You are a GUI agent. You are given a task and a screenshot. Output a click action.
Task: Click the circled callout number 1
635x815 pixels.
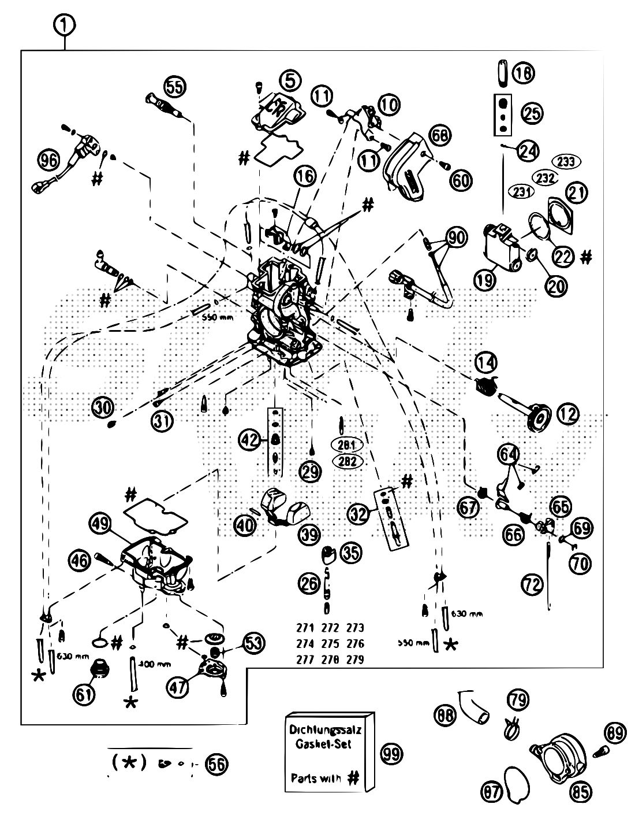[x=66, y=25]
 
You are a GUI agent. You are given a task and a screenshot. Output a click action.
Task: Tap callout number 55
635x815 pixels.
[x=173, y=87]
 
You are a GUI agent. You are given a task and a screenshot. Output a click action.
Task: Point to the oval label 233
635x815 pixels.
[x=566, y=162]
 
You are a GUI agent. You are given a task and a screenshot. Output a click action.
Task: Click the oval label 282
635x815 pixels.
[x=347, y=461]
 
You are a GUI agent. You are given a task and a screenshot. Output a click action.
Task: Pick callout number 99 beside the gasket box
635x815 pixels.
[x=392, y=753]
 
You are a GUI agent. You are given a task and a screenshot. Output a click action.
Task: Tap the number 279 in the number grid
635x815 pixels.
[x=356, y=660]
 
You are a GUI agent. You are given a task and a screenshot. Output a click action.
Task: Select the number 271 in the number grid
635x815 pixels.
[x=304, y=628]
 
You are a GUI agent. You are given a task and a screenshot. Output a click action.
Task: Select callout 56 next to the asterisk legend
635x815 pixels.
[x=216, y=764]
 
